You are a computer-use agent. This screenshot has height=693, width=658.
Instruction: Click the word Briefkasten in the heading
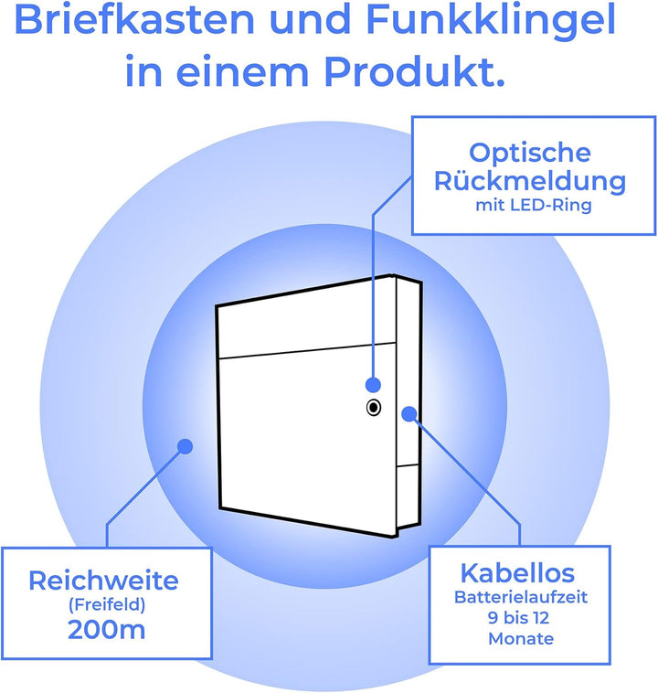click(x=134, y=19)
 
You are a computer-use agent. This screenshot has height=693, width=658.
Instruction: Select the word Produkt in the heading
click(x=415, y=70)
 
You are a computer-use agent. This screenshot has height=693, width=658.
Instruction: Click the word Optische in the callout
click(x=530, y=153)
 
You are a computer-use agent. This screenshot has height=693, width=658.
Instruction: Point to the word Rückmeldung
click(x=530, y=180)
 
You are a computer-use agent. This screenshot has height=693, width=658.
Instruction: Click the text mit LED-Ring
click(x=534, y=205)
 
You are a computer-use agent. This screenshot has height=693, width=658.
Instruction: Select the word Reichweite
click(x=104, y=581)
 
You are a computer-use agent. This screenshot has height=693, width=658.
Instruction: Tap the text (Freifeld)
click(x=107, y=604)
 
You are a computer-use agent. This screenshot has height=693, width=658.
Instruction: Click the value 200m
click(x=107, y=629)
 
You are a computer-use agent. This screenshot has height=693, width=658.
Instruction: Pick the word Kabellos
click(x=517, y=573)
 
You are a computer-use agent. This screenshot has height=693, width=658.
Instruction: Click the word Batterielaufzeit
click(x=521, y=597)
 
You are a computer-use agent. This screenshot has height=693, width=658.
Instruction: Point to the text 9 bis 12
click(x=519, y=618)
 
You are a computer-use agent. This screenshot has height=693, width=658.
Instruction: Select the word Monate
click(x=521, y=639)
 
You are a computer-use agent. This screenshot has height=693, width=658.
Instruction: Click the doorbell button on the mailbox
click(x=374, y=408)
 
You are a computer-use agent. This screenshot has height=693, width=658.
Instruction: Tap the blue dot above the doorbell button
click(x=374, y=385)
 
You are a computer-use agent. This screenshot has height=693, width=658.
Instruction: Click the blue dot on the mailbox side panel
click(x=409, y=413)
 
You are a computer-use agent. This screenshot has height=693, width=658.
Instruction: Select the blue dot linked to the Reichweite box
click(x=186, y=446)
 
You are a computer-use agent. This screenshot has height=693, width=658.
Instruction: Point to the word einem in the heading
click(x=241, y=71)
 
